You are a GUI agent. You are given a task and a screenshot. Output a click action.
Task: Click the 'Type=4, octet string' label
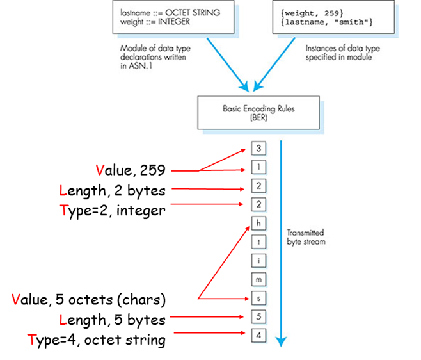click(x=96, y=339)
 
